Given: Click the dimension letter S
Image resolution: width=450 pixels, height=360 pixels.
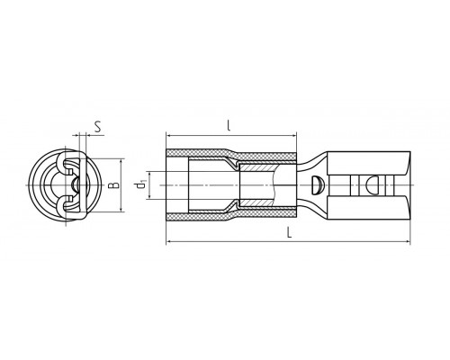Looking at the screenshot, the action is [97, 127].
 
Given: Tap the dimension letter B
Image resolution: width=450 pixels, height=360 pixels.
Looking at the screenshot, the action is [113, 185].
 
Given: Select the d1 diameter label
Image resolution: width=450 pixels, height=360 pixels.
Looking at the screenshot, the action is [140, 185].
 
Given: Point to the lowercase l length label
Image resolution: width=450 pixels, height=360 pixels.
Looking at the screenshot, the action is [229, 125].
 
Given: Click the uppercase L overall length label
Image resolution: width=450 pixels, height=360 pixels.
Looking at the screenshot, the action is [289, 232].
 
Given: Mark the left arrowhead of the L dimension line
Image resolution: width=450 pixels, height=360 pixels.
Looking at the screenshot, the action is [169, 241].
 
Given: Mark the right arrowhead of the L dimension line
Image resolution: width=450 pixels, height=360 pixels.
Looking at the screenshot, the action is [407, 241].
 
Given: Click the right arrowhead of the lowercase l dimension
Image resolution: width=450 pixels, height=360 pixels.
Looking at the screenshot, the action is [293, 136].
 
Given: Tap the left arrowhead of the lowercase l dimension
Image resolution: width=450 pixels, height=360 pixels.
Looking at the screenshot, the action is [169, 136].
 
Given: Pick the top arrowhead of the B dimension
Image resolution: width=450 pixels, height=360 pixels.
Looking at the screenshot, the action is [121, 162].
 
